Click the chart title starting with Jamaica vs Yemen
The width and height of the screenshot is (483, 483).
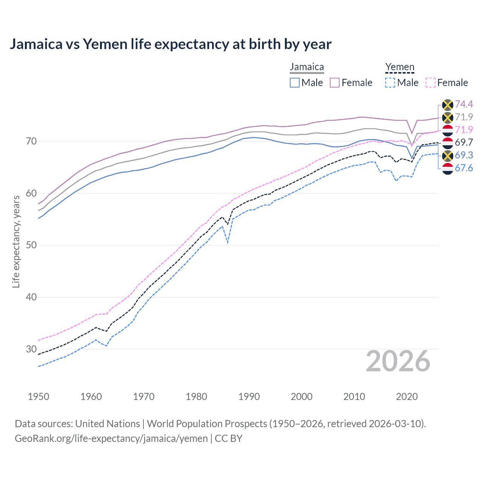tap(171, 44)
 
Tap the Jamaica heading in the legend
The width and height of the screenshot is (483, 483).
tap(307, 67)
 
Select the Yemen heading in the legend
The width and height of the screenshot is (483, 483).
tap(400, 67)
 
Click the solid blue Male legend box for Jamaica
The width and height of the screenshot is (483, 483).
tap(295, 83)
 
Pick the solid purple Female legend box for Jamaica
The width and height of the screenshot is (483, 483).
tap(335, 83)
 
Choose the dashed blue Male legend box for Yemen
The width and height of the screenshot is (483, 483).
tap(390, 83)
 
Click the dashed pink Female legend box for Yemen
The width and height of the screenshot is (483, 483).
tap(431, 83)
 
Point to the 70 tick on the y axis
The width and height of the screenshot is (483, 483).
tap(31, 142)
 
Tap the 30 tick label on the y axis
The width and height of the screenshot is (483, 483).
tap(31, 349)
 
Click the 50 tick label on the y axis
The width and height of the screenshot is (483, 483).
tap(31, 245)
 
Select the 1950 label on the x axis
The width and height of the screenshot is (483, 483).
tap(38, 397)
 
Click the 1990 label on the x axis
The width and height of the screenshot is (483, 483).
tap(249, 397)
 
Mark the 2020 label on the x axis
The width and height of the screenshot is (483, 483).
tap(407, 397)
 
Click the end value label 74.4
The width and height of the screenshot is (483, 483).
tap(464, 104)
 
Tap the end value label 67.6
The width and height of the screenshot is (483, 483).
tap(464, 168)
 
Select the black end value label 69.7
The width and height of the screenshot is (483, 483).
tap(464, 142)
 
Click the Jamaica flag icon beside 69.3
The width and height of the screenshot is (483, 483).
tap(448, 155)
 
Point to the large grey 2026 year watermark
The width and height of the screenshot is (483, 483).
tap(398, 361)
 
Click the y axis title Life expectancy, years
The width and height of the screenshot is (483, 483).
tap(16, 241)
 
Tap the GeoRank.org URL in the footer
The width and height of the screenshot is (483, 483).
tap(111, 438)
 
